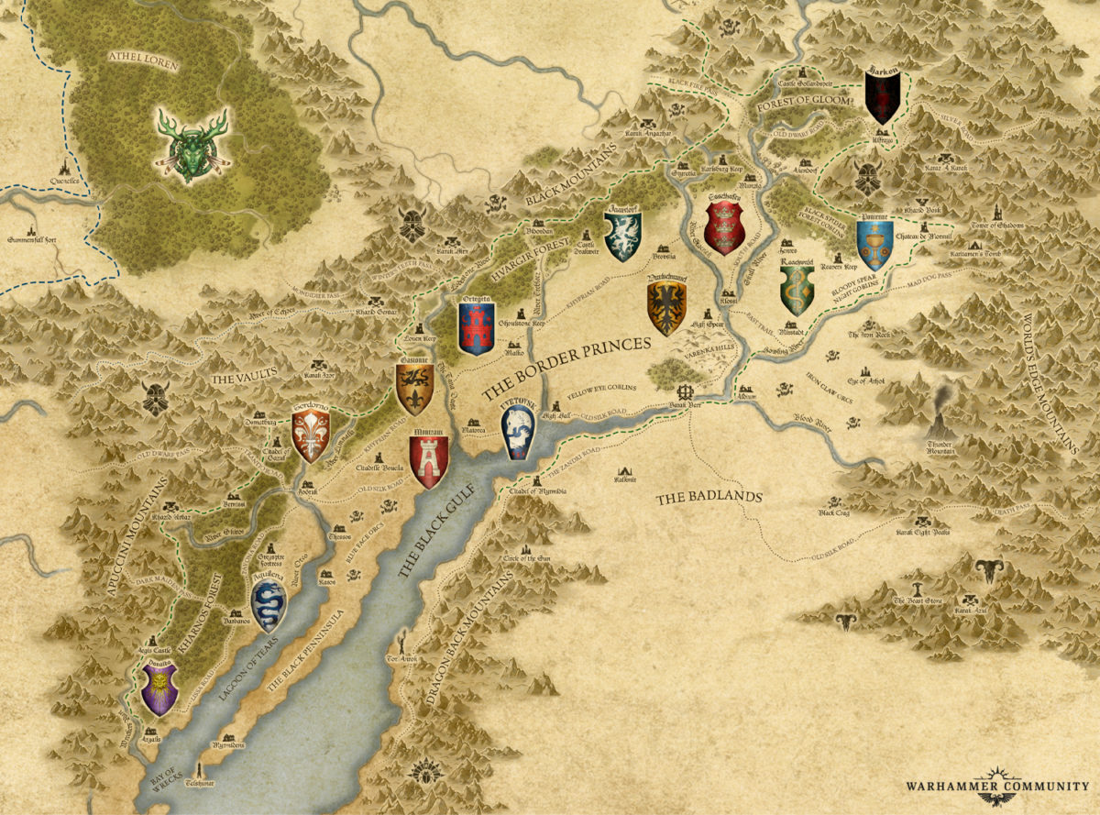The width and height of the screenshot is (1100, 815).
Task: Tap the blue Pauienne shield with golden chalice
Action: (874, 242)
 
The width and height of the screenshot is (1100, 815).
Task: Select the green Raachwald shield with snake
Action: (796, 290)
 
